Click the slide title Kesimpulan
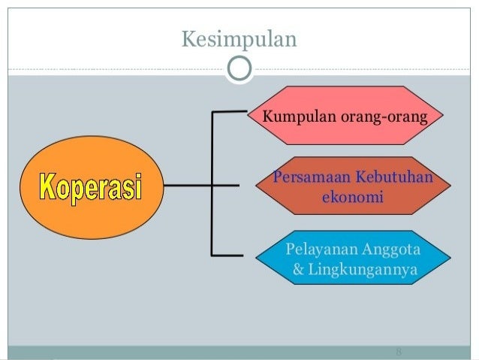[239, 37]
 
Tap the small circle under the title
[239, 69]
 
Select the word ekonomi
[351, 198]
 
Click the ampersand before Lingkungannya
[298, 268]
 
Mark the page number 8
[398, 352]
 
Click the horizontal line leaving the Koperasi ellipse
[188, 184]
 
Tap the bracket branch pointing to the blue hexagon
[228, 256]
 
